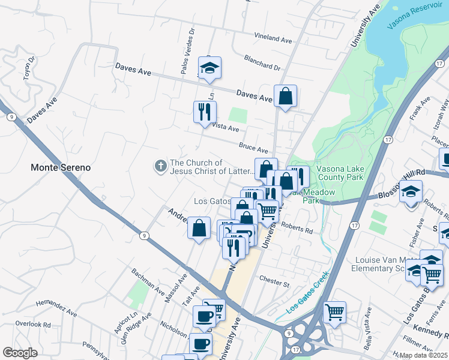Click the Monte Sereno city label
pos(61,167)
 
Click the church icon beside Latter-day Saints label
pos(160,166)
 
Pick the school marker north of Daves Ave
pos(210,68)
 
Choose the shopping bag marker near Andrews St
pos(199,228)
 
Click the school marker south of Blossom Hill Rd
pos(411,192)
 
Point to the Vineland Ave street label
pos(273,38)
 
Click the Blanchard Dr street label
pos(262,62)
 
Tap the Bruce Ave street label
pos(253,147)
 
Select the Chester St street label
pos(274,279)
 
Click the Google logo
pos(20,353)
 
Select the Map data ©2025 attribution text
pos(423,355)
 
